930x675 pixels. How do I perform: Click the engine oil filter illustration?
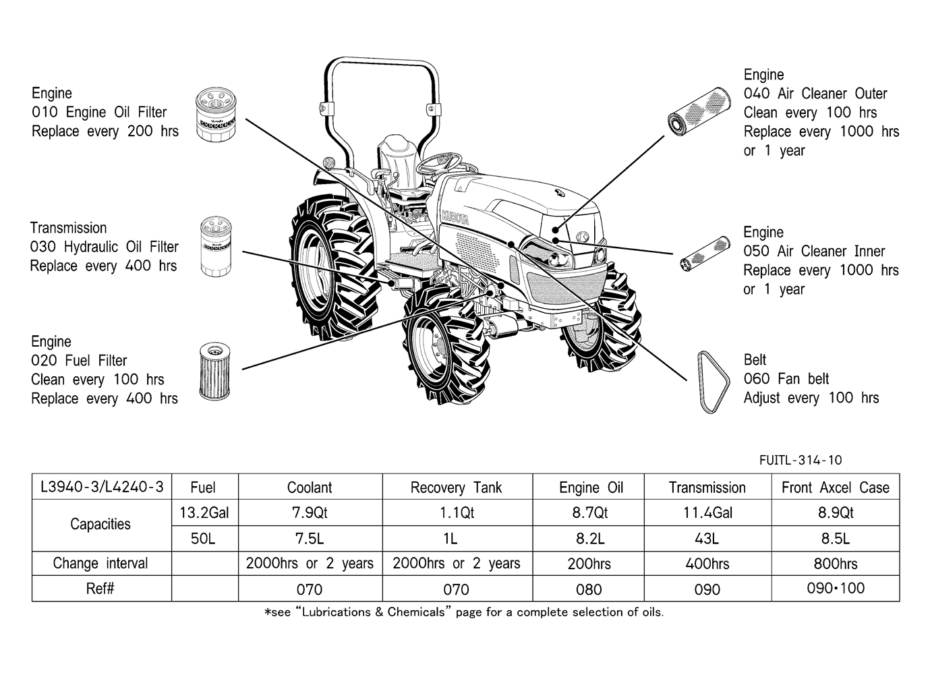(216, 114)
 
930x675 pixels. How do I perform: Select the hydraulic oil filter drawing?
(216, 247)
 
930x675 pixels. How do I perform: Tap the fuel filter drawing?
(214, 371)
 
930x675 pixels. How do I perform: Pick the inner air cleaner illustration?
(705, 254)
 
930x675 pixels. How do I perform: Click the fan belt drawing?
(714, 382)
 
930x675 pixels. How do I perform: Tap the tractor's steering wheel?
(439, 163)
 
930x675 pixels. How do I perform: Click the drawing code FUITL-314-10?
(800, 460)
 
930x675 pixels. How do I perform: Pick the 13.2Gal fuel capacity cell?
(204, 512)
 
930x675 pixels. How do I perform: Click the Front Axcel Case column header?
(836, 488)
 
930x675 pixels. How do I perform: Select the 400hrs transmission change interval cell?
(707, 564)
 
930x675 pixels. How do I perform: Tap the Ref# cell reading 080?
(588, 589)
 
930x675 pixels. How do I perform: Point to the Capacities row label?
(100, 525)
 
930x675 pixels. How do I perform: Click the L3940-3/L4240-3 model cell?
(102, 487)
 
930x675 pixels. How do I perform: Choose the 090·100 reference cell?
(836, 588)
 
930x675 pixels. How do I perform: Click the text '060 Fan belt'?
(786, 378)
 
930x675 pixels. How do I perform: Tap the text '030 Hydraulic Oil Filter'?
(105, 247)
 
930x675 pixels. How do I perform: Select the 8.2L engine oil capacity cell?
(589, 539)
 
